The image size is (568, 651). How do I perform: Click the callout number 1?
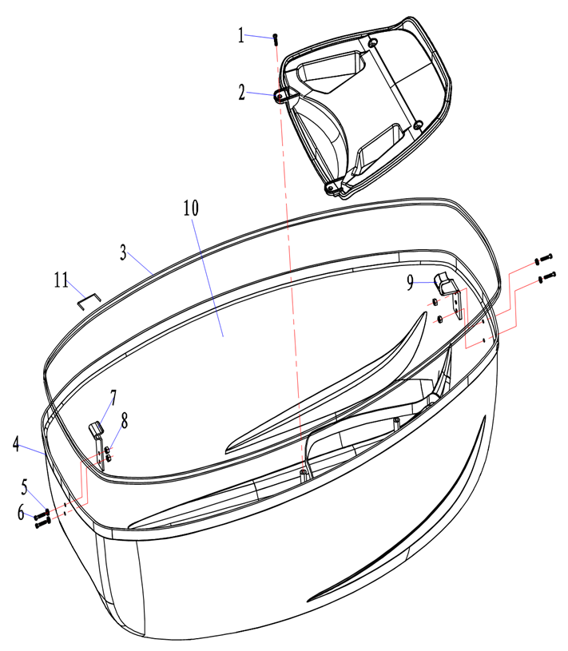(240, 35)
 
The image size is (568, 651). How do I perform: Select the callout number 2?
(241, 92)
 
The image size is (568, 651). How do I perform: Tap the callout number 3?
(123, 252)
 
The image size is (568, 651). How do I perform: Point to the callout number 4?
(16, 443)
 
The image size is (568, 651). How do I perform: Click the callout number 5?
(25, 487)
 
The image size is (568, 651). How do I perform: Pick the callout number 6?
(21, 512)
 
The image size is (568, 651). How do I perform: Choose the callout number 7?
(113, 398)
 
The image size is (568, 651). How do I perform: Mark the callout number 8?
(124, 421)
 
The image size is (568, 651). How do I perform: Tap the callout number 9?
(411, 283)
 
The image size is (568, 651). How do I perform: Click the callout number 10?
(191, 208)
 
